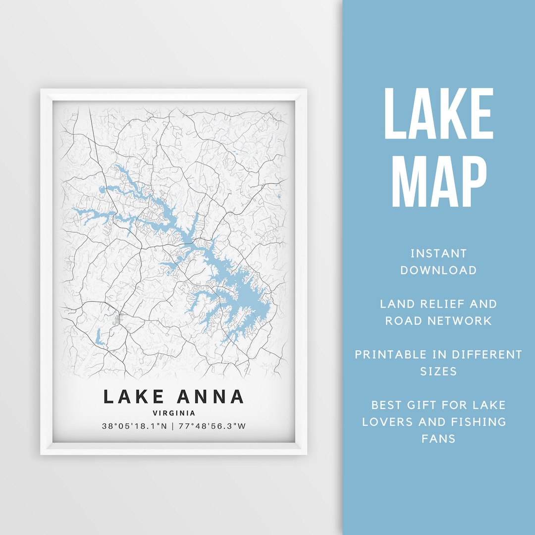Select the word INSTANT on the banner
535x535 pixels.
point(438,254)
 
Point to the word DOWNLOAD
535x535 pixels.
point(438,270)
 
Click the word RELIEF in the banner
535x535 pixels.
point(438,304)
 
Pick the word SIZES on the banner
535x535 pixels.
point(438,372)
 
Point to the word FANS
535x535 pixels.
point(438,439)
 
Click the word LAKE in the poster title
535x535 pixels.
point(134,397)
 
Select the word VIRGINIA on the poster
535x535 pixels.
point(173,413)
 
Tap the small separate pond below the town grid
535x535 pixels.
point(101,337)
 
